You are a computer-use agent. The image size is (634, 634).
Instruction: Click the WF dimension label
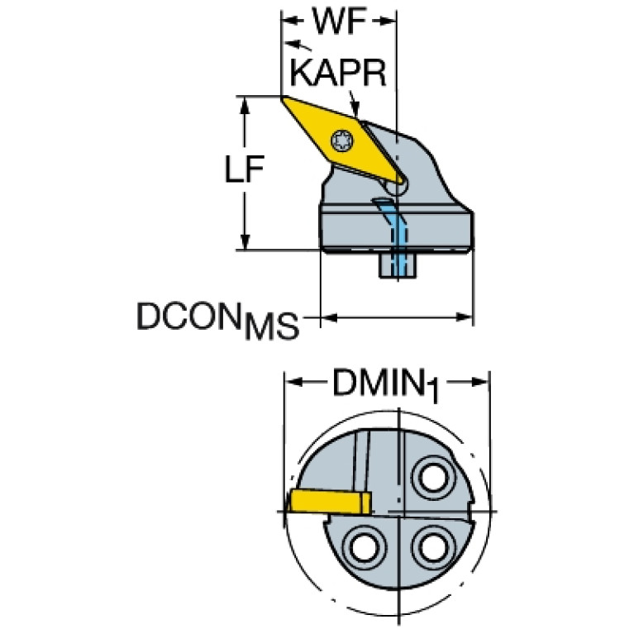(339, 21)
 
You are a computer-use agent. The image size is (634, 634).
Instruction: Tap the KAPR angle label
(338, 74)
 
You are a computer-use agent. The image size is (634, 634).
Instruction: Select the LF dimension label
(244, 169)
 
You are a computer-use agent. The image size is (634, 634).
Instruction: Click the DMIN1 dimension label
(386, 384)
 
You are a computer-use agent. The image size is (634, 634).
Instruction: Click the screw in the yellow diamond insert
(342, 141)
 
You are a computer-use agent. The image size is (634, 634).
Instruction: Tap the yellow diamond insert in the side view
(343, 141)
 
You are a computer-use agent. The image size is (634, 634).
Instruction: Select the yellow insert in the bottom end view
(329, 502)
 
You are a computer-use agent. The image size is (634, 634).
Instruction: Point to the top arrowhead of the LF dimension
(244, 104)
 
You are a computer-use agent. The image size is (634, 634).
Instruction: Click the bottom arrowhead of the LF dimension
(244, 242)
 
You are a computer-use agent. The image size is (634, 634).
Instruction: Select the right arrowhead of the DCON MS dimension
(465, 317)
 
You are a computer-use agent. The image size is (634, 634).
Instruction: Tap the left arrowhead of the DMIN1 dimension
(293, 382)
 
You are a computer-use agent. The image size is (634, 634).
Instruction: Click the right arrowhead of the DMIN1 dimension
(481, 382)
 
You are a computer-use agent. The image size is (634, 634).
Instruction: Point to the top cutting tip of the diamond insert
(283, 98)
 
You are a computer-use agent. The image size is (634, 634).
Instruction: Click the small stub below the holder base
(398, 265)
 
